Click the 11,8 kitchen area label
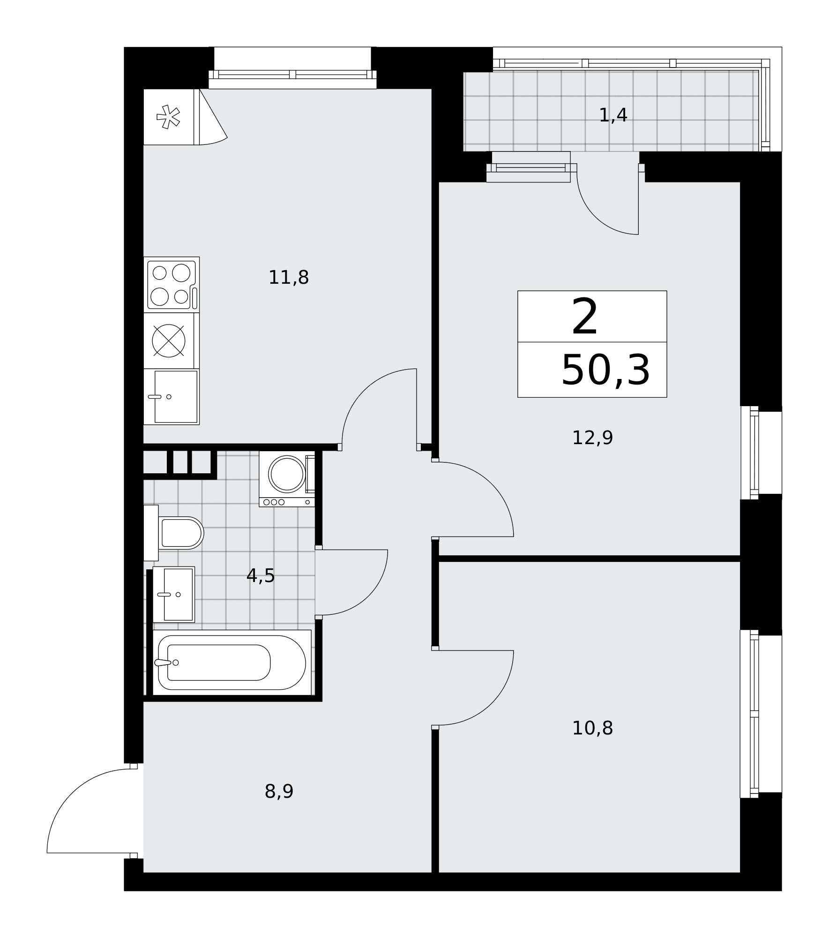coord(288,278)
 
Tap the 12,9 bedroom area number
coord(592,438)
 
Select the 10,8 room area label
coord(592,728)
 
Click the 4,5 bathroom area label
coord(261,575)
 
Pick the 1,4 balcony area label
coord(613,115)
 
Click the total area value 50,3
coord(605,371)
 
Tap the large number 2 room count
coord(585,318)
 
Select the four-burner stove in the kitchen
coord(172,285)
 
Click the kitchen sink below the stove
coord(172,397)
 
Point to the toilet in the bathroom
coord(173,533)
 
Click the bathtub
coord(232,662)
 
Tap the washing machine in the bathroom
coord(287,479)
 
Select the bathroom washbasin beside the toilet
coord(173,594)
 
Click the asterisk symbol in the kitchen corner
coord(168,117)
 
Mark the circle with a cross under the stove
coord(169,340)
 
